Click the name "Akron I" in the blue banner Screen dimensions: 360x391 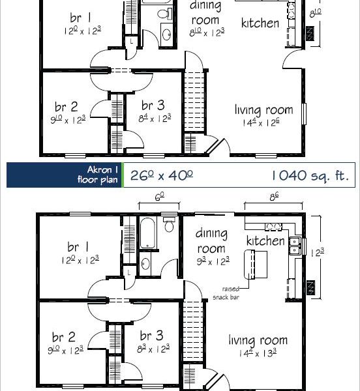102,170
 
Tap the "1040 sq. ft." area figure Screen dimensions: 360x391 310,175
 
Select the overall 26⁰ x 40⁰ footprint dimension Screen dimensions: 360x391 162,175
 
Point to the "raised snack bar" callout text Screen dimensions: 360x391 226,293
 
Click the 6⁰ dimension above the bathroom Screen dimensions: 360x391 159,197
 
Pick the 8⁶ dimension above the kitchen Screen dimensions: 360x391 274,197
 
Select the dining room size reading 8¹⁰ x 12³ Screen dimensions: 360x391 207,33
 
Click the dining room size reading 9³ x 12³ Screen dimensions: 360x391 213,261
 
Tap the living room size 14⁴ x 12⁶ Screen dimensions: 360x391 261,123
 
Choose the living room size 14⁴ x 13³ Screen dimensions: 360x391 258,353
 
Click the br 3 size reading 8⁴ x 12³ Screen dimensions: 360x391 155,118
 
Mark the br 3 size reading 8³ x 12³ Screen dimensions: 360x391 153,349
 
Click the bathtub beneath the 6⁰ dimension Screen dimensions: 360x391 148,233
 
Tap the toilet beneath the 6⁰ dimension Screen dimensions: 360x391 169,224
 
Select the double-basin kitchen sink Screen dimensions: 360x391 295,246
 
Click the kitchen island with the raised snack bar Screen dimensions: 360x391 256,265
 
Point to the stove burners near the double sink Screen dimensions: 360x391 273,226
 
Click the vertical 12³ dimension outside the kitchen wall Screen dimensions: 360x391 317,253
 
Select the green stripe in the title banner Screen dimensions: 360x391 123,175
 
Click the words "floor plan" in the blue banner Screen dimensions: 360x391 97,180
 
